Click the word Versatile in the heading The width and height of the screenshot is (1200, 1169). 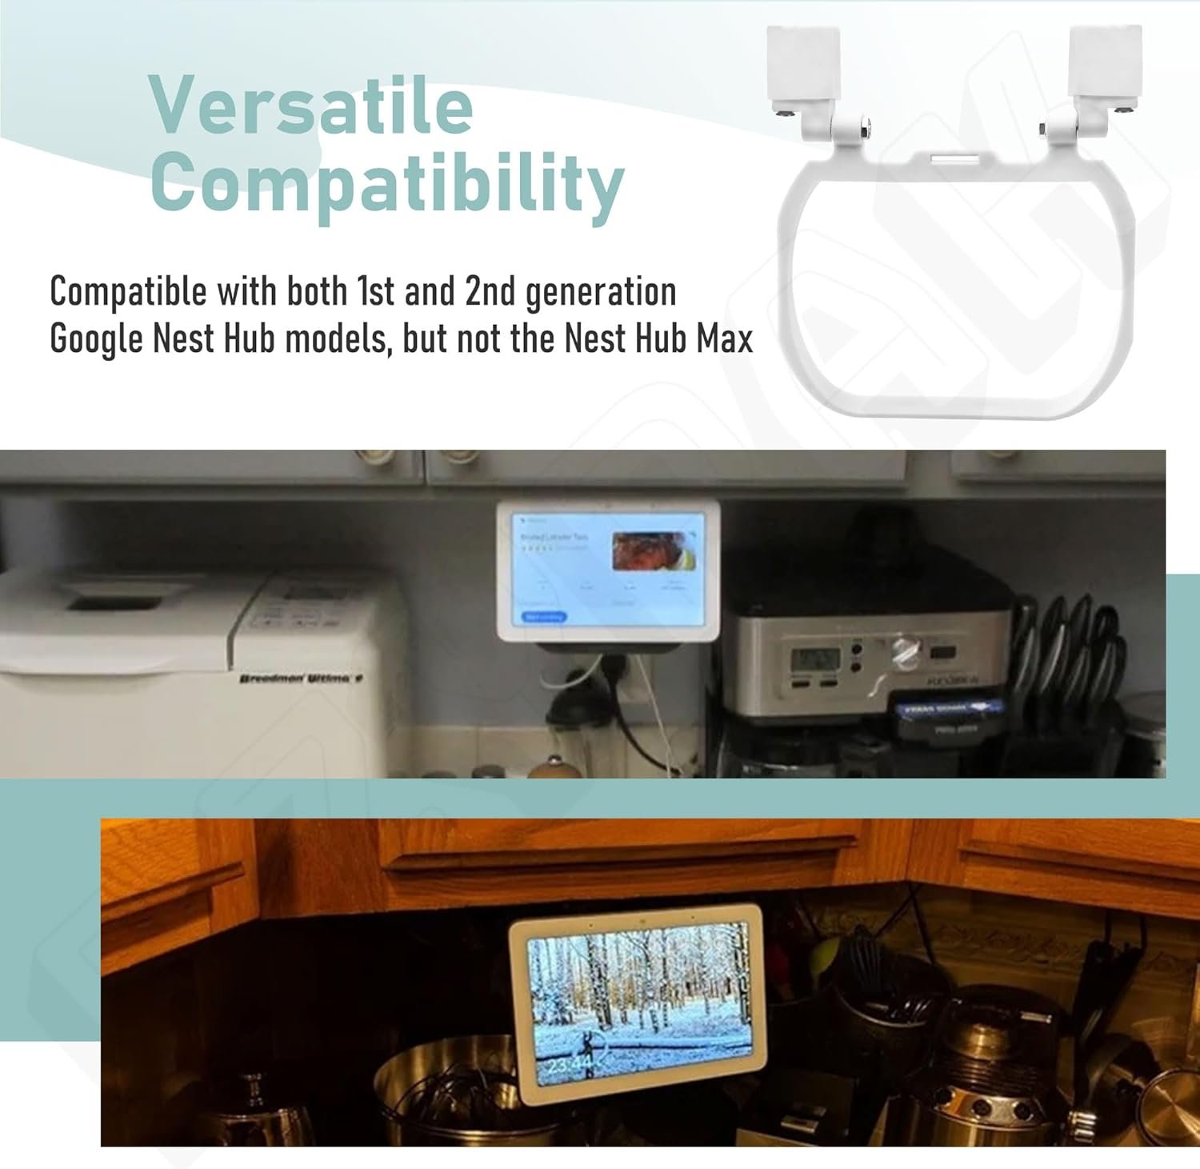[x=311, y=107]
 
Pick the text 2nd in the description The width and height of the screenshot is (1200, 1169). [x=489, y=291]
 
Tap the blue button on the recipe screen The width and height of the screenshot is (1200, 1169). [x=544, y=617]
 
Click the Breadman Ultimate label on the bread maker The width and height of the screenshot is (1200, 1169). [x=301, y=679]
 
